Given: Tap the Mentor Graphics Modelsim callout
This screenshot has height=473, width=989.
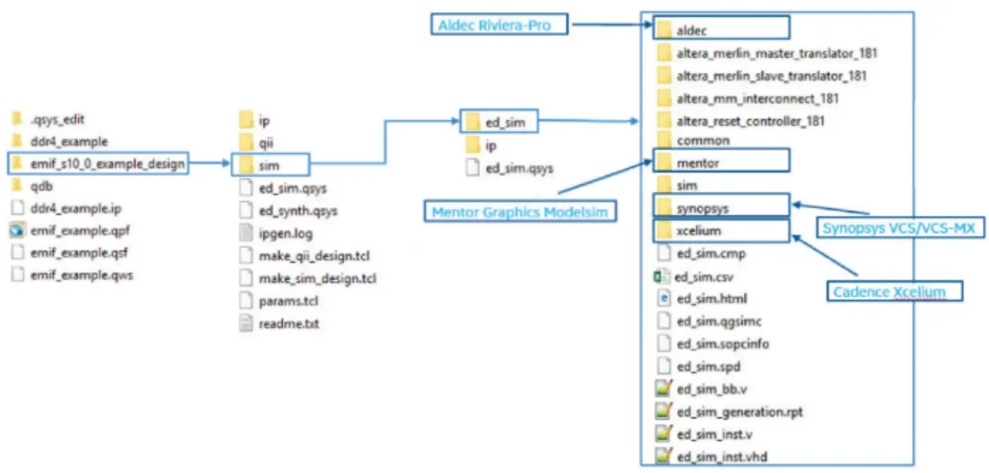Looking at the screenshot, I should pos(520,211).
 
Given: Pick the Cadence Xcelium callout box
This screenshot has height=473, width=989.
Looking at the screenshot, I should pos(894,291).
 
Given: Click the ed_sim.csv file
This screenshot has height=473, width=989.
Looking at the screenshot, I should pos(699,276).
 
